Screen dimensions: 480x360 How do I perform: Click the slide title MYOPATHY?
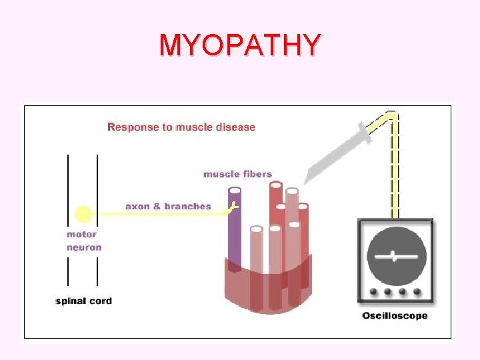(239, 45)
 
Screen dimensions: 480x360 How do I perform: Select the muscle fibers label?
(237, 174)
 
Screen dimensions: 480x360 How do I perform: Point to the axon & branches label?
(168, 206)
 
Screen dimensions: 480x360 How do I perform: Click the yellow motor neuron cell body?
(83, 214)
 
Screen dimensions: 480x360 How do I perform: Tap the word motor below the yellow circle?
(81, 234)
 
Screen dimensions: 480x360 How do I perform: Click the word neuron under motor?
(84, 247)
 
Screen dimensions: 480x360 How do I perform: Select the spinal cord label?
(83, 301)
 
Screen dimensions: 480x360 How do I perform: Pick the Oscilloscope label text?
(395, 315)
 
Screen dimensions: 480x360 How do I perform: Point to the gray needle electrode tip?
(306, 181)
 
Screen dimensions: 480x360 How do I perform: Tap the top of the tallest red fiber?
(276, 185)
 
